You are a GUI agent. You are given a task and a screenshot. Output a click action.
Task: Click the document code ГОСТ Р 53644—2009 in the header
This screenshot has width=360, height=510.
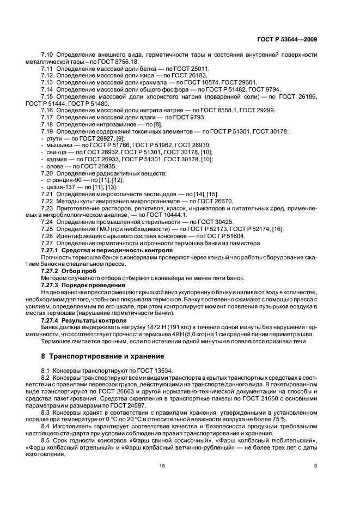(288, 39)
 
